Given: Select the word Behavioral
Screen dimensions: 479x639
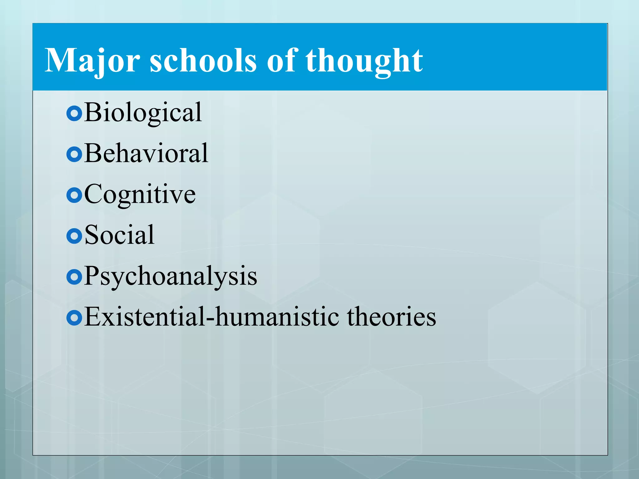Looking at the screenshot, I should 146,153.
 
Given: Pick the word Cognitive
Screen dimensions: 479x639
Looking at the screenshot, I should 140,195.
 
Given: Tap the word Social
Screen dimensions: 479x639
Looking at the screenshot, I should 119,235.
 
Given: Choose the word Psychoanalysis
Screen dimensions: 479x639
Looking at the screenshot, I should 170,276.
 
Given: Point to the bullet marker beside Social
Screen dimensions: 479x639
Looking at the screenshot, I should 74,236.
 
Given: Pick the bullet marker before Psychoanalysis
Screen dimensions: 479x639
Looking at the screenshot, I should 74,277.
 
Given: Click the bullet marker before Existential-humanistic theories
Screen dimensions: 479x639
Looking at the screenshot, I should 74,318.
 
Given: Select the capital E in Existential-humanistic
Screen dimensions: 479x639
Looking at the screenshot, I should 94,316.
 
